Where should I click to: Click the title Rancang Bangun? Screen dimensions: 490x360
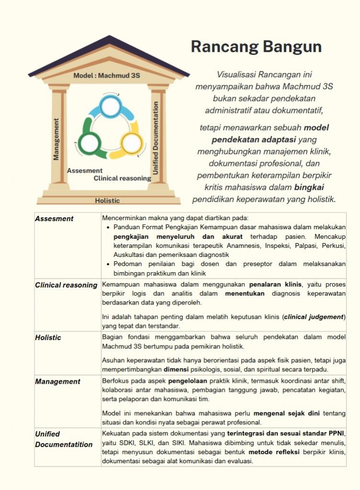pyautogui.click(x=256, y=47)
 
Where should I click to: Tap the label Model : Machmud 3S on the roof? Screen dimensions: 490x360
pyautogui.click(x=107, y=76)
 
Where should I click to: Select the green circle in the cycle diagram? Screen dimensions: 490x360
pyautogui.click(x=89, y=143)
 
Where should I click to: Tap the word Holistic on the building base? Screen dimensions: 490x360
pyautogui.click(x=107, y=200)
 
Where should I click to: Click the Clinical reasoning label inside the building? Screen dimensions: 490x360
pyautogui.click(x=122, y=178)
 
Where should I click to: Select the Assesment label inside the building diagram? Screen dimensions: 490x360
pyautogui.click(x=85, y=170)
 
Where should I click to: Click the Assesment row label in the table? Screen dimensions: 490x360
pyautogui.click(x=54, y=219)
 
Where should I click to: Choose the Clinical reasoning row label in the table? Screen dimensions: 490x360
pyautogui.click(x=66, y=285)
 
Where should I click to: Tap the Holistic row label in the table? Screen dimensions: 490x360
pyautogui.click(x=48, y=337)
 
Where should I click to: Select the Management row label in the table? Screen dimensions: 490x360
pyautogui.click(x=57, y=381)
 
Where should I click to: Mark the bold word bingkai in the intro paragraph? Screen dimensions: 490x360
pyautogui.click(x=310, y=187)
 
